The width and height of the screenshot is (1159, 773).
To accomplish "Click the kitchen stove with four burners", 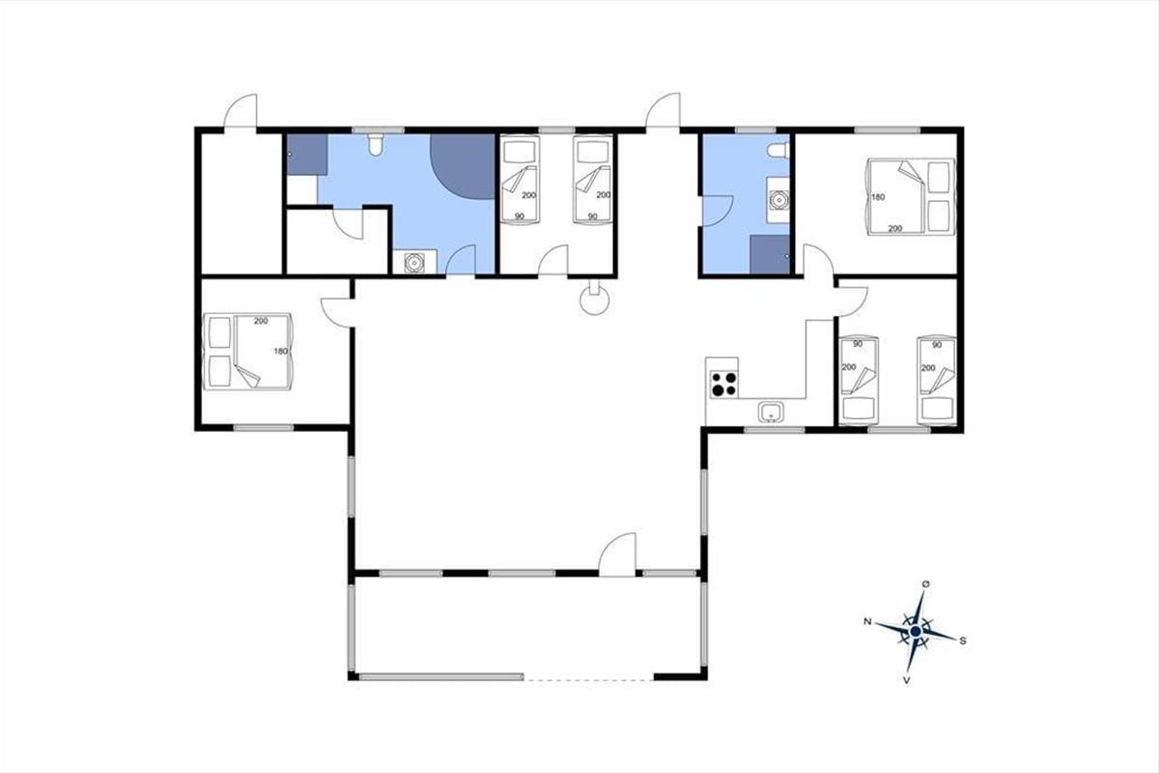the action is tap(723, 385).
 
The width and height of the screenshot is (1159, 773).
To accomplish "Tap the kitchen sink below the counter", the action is tap(771, 413).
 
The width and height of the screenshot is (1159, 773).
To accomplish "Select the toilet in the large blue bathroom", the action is tap(376, 144).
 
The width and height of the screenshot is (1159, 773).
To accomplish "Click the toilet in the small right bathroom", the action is tap(778, 151).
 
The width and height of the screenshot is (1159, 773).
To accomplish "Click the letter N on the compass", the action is tap(867, 621).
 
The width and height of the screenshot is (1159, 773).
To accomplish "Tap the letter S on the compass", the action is tap(963, 641).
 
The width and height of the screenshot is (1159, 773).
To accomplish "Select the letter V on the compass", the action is tap(907, 680).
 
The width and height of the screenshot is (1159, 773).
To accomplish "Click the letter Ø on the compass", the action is tap(925, 584).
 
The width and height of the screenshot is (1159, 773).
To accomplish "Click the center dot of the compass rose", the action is tap(916, 631).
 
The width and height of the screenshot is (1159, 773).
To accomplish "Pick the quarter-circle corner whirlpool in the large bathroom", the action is tap(466, 164).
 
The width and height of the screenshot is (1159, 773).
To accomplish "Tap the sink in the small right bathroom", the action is tap(777, 199).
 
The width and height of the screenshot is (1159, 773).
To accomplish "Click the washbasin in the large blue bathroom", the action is tap(414, 262).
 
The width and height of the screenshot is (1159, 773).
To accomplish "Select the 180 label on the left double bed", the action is tap(280, 351).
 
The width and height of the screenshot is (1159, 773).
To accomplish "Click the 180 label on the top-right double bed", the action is tap(878, 197).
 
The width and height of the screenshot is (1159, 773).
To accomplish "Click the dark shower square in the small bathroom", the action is tap(770, 254).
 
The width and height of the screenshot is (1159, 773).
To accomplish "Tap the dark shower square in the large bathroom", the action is tap(307, 155).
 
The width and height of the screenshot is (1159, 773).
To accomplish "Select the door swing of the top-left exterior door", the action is tap(240, 110).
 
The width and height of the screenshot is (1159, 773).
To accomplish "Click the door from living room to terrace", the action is tap(617, 554).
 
